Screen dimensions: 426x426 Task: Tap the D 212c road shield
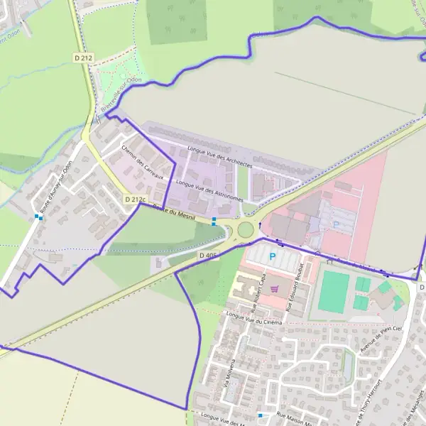click(133, 200)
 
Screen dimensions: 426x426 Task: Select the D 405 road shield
click(209, 254)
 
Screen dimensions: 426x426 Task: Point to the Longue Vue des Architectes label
click(220, 155)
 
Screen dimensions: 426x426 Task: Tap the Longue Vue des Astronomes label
click(209, 190)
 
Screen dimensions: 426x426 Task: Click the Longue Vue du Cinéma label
click(253, 318)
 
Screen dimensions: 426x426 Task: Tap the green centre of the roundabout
click(246, 229)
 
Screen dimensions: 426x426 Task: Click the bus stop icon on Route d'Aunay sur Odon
click(39, 217)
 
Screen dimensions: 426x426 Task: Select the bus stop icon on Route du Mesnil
click(214, 219)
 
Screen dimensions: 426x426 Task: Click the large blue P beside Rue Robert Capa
click(271, 256)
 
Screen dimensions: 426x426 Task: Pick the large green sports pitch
click(334, 291)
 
